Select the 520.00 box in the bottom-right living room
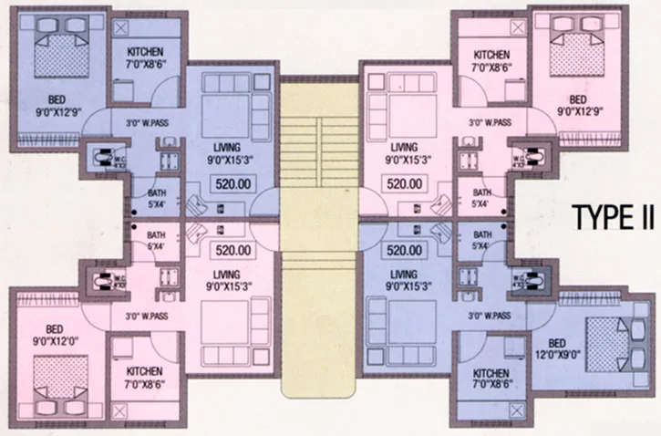pyautogui.click(x=402, y=249)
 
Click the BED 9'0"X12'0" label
pyautogui.click(x=50, y=337)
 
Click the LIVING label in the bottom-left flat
pyautogui.click(x=224, y=280)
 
